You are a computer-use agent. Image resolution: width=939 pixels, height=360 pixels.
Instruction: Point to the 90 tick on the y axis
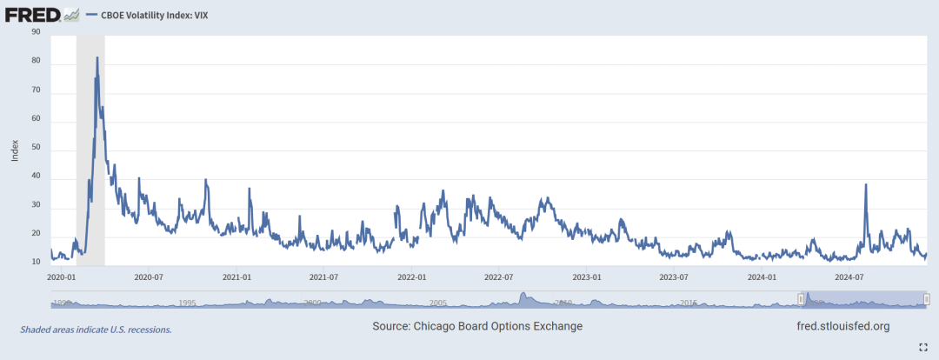[x=36, y=32]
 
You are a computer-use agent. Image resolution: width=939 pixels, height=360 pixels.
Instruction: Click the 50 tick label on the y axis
[x=36, y=150]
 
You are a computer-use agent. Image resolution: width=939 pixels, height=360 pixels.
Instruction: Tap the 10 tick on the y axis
[x=36, y=262]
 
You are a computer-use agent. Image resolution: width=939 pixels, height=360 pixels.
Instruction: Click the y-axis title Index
[x=15, y=150]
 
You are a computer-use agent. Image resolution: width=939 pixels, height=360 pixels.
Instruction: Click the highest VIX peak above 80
[x=97, y=58]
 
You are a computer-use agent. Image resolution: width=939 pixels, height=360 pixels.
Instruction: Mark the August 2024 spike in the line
[x=865, y=185]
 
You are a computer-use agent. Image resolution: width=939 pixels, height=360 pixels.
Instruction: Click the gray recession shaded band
[x=90, y=174]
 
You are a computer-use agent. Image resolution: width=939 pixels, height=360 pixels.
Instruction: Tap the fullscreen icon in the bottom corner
[x=923, y=346]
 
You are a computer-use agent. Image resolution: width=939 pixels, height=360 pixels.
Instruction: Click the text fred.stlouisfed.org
[x=842, y=326]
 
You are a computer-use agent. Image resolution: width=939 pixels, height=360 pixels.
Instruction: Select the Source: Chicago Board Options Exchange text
[x=477, y=326]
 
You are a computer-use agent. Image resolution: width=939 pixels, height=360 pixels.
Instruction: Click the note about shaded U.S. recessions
[x=96, y=330]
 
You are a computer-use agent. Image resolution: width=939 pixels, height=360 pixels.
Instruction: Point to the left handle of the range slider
[x=801, y=299]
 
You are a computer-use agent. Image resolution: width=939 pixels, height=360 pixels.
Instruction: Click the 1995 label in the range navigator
[x=186, y=303]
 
